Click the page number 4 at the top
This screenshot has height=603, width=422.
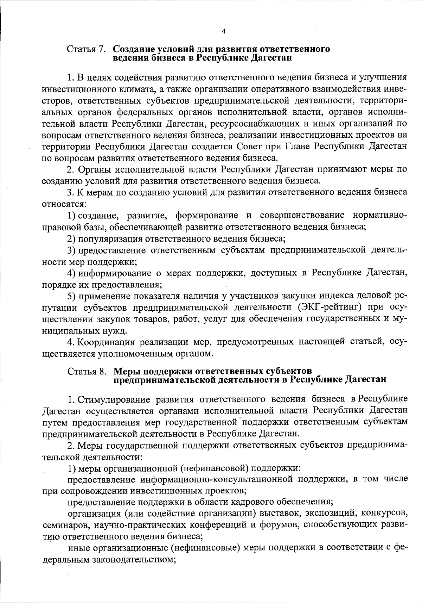(224, 31)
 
